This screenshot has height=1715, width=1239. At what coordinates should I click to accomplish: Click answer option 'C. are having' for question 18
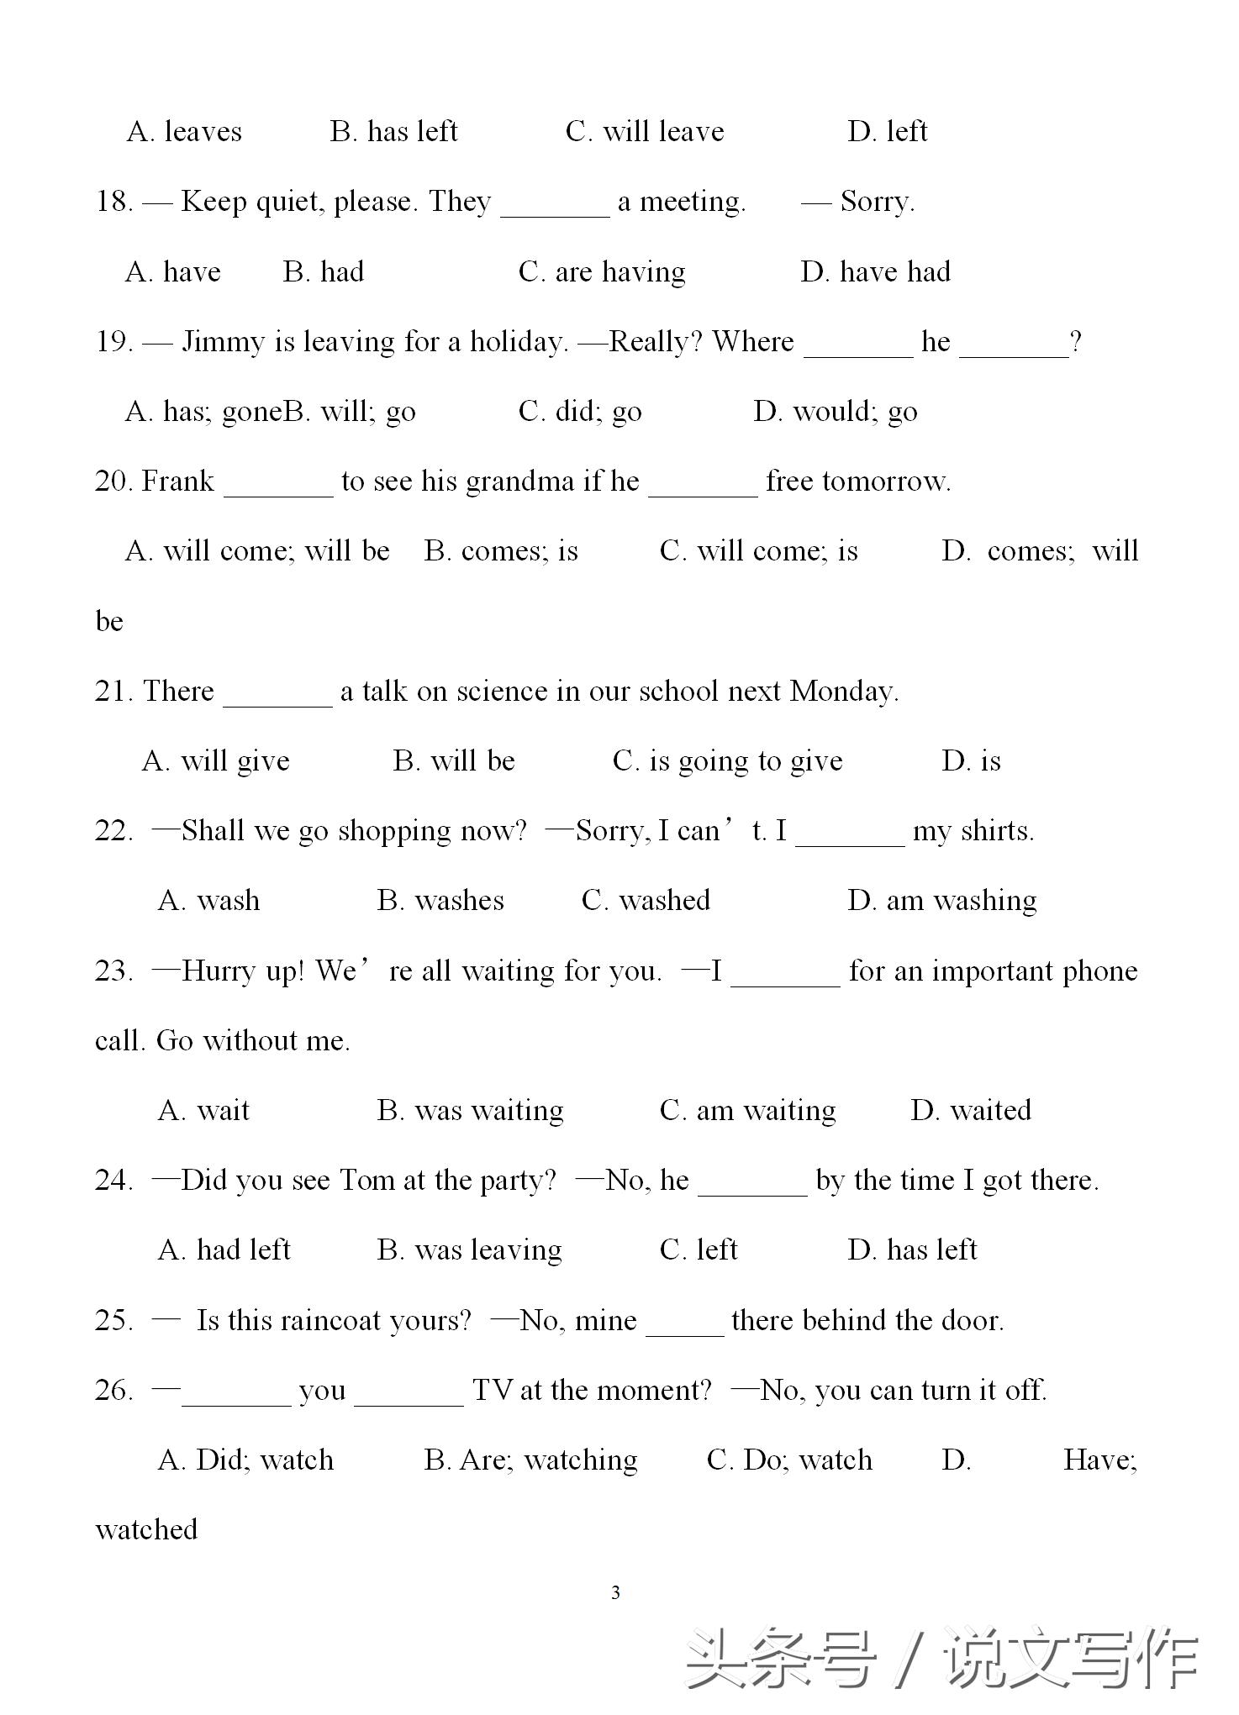point(602,272)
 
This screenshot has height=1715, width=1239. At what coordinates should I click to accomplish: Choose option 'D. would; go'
point(836,412)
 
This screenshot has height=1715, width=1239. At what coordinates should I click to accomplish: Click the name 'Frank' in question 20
point(178,481)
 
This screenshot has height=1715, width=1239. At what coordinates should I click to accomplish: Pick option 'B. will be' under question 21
point(454,761)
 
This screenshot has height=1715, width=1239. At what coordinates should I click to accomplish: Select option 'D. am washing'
point(941,901)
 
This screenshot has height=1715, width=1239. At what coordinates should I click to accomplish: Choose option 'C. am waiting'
point(747,1111)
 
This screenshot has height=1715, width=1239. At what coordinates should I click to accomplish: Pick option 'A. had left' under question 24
point(224,1250)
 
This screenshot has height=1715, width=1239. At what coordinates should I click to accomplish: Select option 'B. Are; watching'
point(530,1460)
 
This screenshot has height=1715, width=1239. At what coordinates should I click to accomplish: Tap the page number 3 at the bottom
point(616,1592)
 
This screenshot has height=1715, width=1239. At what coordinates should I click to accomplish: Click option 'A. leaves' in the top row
point(184,132)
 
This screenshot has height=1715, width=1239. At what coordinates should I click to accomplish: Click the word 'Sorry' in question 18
point(875,202)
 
